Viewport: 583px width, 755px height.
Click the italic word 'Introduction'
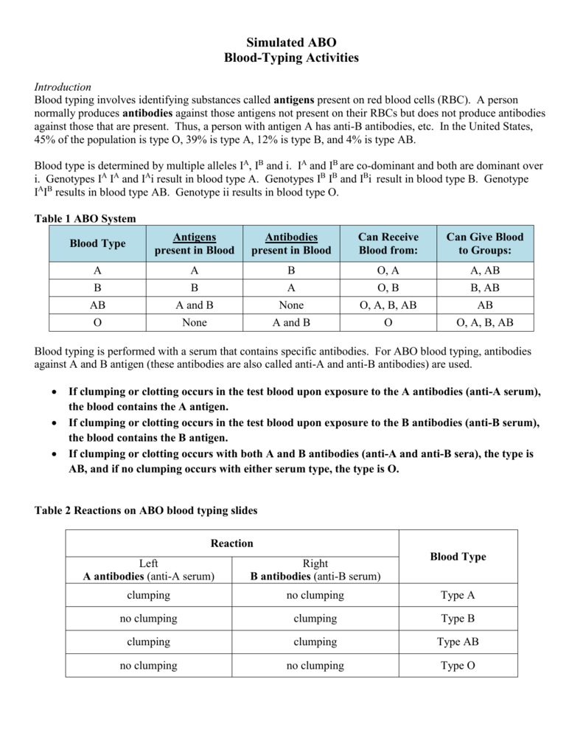(63, 87)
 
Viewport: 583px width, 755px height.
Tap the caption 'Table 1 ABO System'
(85, 218)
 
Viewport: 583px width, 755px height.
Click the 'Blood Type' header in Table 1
(97, 243)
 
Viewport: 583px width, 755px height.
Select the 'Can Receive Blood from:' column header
(388, 243)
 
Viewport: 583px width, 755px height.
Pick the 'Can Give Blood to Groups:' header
(485, 243)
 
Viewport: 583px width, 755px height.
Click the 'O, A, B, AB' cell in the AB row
(388, 305)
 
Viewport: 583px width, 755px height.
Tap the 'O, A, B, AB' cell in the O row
(485, 322)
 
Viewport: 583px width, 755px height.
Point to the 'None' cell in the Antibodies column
(291, 305)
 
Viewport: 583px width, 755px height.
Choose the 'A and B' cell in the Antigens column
(195, 305)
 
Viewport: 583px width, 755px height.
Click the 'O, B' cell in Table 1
(388, 288)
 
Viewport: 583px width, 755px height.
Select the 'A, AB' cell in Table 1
(485, 271)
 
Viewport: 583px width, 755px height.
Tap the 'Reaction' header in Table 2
(232, 543)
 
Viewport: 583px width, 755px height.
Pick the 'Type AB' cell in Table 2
(458, 642)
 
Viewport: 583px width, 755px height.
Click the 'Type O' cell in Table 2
(458, 666)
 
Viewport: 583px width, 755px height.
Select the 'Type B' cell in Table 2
(458, 619)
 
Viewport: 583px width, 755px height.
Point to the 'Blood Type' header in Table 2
(458, 557)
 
